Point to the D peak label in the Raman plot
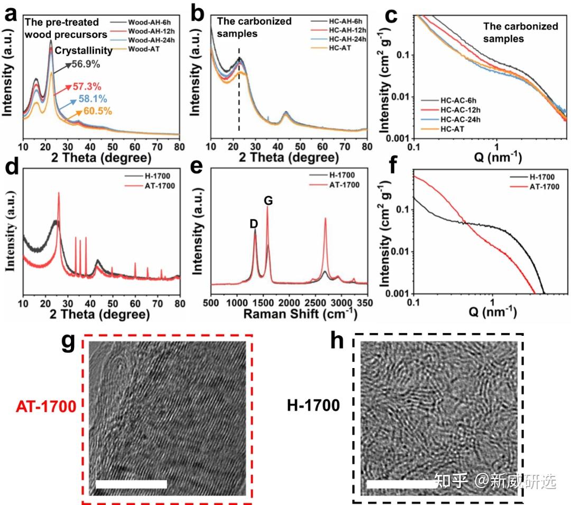254,223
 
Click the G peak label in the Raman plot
268,200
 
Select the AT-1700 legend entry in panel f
539,187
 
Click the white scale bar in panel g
131,484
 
